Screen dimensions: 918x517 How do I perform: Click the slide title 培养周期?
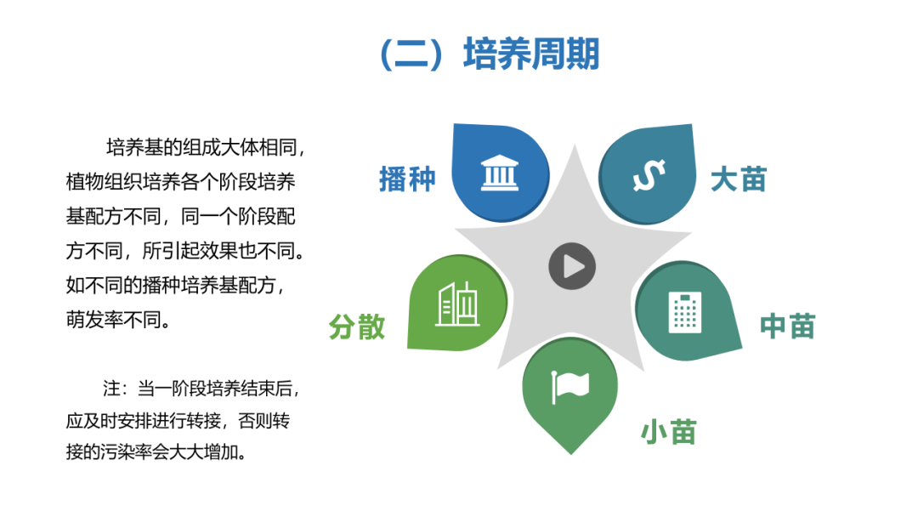(x=531, y=54)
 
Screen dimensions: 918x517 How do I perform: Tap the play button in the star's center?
(x=572, y=266)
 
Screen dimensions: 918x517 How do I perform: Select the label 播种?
(x=407, y=179)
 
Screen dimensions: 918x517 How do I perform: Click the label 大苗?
(x=739, y=179)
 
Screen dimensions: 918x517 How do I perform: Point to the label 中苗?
(x=787, y=327)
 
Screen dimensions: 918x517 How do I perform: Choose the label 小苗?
(x=669, y=432)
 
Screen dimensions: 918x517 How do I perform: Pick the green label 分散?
(x=357, y=327)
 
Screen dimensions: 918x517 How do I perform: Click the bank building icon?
(x=500, y=173)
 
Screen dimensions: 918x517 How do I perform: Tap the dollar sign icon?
(x=649, y=175)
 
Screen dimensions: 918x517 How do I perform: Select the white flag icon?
(x=570, y=386)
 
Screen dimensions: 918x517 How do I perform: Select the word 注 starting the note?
(x=112, y=389)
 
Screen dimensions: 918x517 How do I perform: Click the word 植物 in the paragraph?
(x=85, y=182)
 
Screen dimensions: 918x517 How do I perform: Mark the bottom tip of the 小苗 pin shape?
(x=571, y=454)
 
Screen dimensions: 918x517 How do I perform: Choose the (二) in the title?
(x=411, y=54)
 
